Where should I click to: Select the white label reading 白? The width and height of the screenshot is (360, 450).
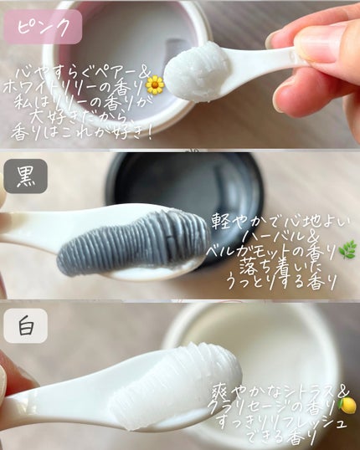coord(25,325)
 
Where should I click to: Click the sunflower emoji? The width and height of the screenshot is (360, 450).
coord(154,84)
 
